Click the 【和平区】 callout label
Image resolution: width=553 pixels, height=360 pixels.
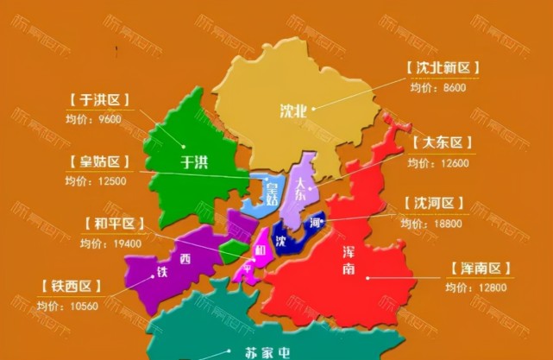tap(116, 224)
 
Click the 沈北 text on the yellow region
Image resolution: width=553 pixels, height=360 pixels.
tap(292, 111)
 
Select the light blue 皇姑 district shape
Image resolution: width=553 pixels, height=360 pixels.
tap(259, 194)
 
